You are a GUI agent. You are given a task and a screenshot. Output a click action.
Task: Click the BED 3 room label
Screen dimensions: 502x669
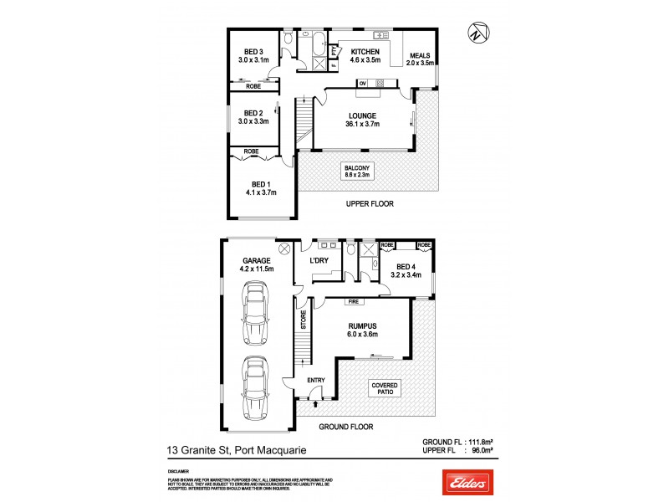253,49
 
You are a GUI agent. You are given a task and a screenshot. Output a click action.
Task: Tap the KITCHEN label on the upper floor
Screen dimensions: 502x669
365,51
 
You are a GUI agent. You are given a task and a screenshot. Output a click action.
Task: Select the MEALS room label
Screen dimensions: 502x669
420,55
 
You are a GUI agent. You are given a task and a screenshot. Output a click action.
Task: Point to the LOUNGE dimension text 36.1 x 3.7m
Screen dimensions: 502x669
363,125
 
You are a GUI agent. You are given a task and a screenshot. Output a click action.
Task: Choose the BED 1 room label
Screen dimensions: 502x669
261,183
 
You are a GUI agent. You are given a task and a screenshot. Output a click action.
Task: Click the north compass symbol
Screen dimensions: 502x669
474,34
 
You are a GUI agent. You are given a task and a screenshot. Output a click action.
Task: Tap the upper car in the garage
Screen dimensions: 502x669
254,314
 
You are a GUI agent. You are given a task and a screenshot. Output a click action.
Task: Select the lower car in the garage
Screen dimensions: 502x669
254,388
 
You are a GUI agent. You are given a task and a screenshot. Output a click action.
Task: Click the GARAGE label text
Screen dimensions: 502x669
257,260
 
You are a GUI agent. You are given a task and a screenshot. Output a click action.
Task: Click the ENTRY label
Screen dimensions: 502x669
316,381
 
